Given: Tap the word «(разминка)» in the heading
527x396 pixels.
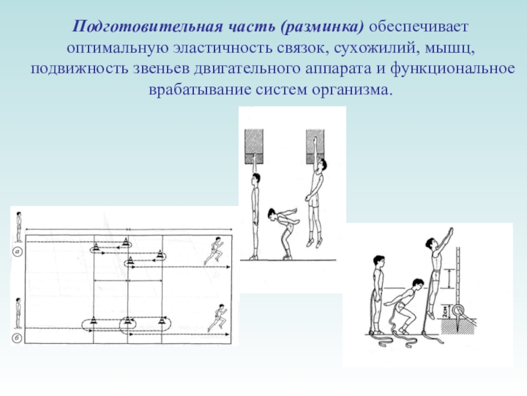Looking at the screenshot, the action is click(x=322, y=27).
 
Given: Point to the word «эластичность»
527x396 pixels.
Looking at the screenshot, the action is click(x=223, y=48).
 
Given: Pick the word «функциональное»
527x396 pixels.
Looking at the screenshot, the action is click(x=453, y=69).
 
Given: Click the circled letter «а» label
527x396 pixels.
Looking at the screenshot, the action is click(x=17, y=251).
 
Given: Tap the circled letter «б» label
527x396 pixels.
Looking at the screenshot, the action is click(x=17, y=338).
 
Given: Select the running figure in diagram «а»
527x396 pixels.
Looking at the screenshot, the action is click(x=213, y=251).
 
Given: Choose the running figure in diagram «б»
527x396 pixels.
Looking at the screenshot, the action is click(x=217, y=318).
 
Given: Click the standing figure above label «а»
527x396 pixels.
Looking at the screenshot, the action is click(x=19, y=227).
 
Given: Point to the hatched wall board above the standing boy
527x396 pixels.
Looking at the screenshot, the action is click(x=254, y=147).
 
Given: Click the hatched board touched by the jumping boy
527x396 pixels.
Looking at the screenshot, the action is click(x=316, y=147).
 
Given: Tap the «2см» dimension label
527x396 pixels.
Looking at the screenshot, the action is click(x=445, y=312).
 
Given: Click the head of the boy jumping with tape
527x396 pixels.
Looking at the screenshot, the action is click(x=430, y=243).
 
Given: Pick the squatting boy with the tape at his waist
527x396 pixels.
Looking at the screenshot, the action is click(x=403, y=308).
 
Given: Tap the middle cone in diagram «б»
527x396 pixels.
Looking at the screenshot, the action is click(x=127, y=319).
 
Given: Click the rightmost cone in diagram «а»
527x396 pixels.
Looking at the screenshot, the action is click(x=160, y=253).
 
